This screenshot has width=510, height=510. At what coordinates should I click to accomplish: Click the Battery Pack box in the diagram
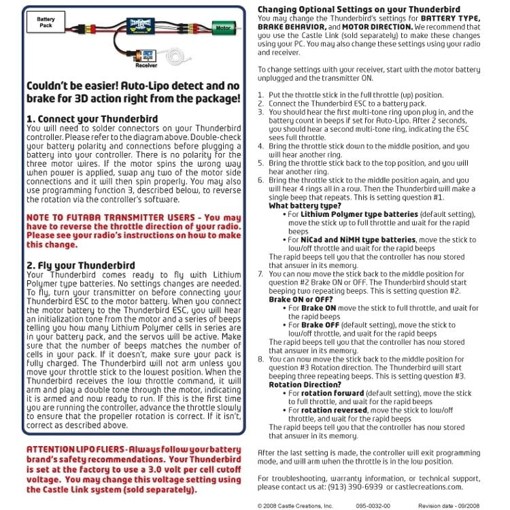click(46, 24)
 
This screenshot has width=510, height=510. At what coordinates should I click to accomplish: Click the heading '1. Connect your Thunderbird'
click(91, 119)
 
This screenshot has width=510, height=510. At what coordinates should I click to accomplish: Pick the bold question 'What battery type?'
click(305, 205)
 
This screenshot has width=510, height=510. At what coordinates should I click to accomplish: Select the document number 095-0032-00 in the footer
click(373, 506)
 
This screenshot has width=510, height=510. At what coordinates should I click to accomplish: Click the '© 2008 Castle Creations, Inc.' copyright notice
click(294, 506)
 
